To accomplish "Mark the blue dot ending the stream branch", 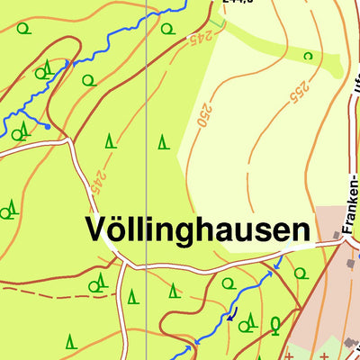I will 47,127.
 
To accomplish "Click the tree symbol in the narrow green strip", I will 308,56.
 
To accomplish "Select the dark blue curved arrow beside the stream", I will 230,316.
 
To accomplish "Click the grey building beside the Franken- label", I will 339,236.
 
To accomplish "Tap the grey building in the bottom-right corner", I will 351,343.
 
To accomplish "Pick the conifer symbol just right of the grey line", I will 163,141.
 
